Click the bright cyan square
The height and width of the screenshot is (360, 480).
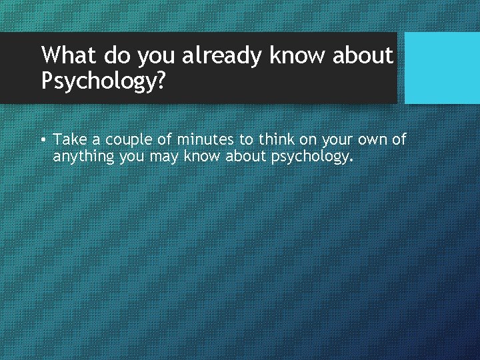[442, 68]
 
